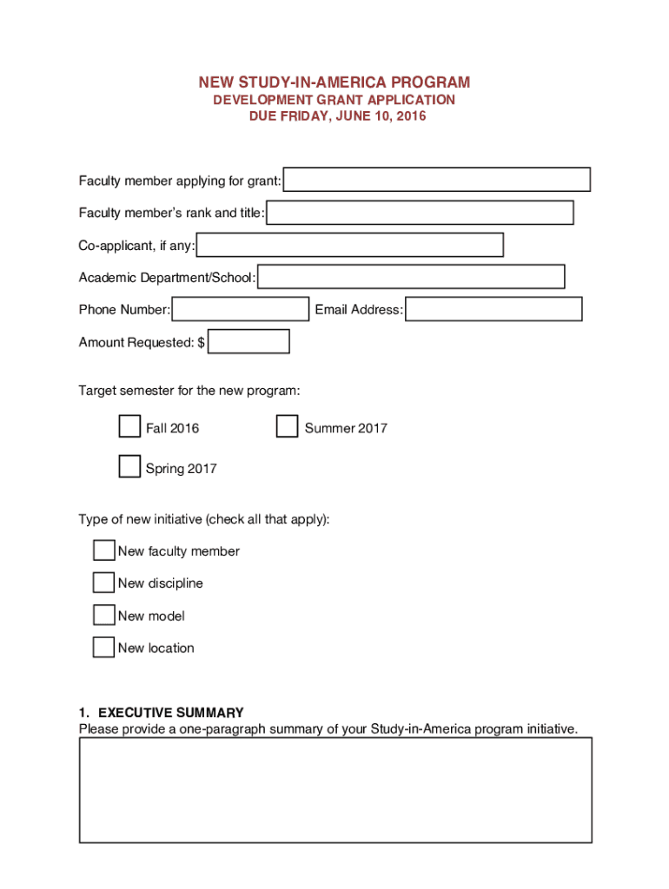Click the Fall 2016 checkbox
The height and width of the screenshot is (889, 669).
point(129,427)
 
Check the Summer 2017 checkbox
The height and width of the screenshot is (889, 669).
point(287,427)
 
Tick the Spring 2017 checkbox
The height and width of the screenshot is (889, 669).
point(129,467)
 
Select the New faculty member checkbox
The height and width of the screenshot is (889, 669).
point(103,550)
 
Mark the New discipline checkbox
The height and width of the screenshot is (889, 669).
point(103,583)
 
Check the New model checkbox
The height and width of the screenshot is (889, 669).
point(103,615)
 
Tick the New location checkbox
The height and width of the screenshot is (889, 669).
point(103,647)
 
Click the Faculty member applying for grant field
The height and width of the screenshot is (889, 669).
point(437,180)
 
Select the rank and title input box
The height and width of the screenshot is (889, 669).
point(420,213)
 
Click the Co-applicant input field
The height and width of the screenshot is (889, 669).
point(350,245)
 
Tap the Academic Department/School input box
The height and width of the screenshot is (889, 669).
point(411,277)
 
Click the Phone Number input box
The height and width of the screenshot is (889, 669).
point(241,309)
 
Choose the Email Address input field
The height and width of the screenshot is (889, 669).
point(493,309)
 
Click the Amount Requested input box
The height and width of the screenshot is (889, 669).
point(249,342)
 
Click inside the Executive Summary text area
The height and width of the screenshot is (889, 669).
point(335,790)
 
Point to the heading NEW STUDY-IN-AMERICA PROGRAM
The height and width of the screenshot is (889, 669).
point(334,82)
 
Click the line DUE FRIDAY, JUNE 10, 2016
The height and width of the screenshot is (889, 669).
point(334,115)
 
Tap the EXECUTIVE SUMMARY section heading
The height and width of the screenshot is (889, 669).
point(162,713)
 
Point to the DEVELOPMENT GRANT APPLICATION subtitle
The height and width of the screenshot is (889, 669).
point(334,100)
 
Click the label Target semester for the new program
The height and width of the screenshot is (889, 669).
point(189,391)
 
